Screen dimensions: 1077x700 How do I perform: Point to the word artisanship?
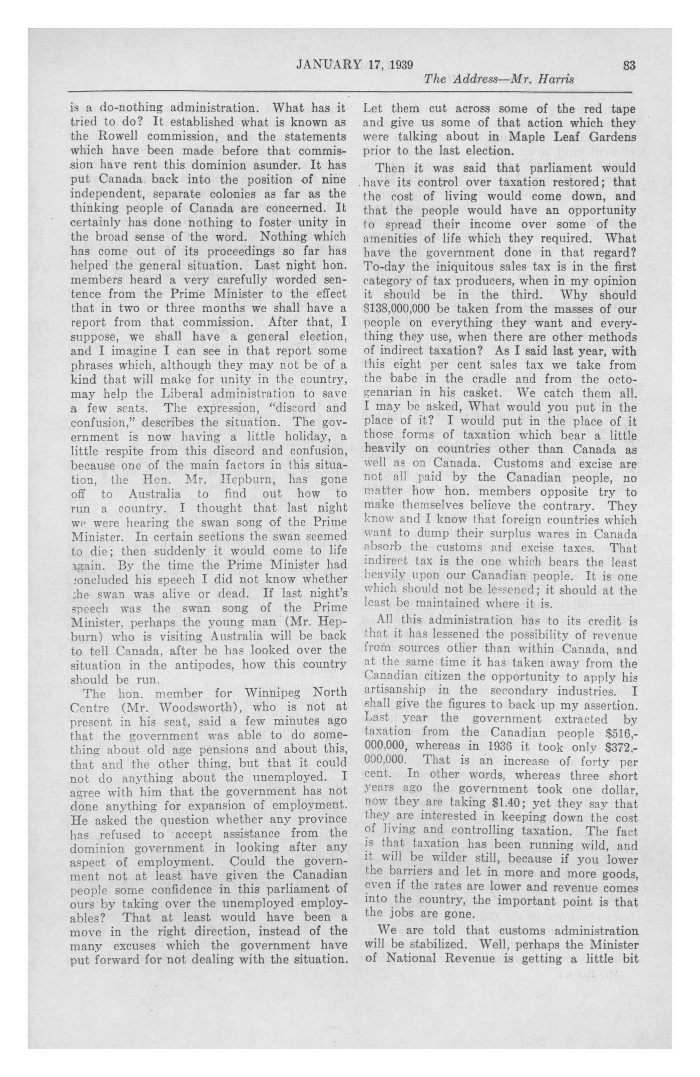click(x=394, y=691)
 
